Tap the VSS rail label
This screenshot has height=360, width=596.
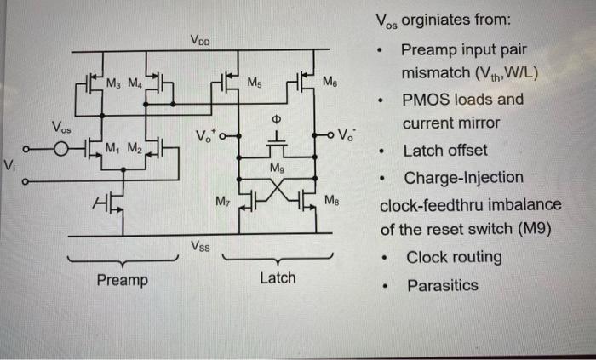[x=201, y=247]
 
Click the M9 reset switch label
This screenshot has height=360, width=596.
[x=277, y=169]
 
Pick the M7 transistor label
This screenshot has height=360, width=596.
[x=223, y=202]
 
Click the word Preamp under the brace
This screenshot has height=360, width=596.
[x=122, y=279]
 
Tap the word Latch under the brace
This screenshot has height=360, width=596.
[x=278, y=277]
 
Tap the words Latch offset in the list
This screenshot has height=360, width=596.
[x=445, y=151]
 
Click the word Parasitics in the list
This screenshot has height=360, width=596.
[x=442, y=285]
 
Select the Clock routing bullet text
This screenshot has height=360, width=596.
[x=454, y=257]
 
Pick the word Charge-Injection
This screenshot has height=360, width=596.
[x=463, y=179]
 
